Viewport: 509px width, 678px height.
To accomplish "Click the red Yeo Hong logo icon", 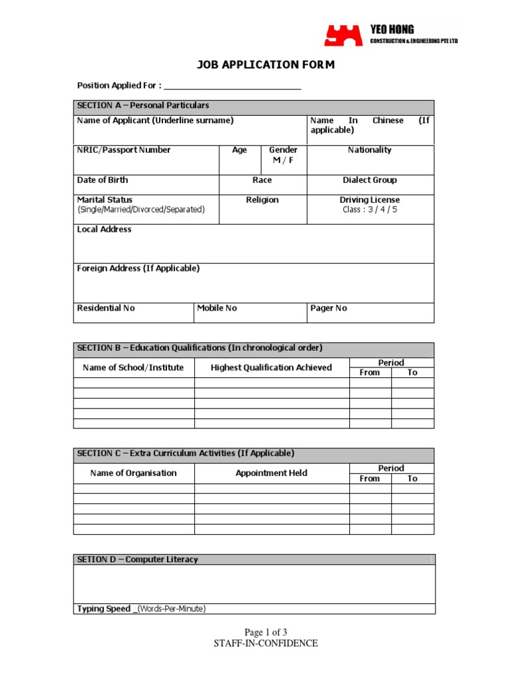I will click(x=343, y=35).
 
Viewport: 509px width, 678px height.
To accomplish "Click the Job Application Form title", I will click(x=266, y=64).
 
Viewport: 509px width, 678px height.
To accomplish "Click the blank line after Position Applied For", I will click(x=232, y=85).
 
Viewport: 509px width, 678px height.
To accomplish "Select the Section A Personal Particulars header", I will click(x=143, y=105).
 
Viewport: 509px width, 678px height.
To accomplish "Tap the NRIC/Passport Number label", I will click(x=124, y=150).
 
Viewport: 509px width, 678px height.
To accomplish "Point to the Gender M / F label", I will click(x=283, y=155).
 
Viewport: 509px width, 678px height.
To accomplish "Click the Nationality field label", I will click(x=370, y=150).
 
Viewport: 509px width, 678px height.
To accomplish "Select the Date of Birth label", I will click(x=103, y=180).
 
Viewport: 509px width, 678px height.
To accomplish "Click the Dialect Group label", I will click(x=370, y=180).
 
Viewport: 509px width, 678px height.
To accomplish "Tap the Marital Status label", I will click(x=105, y=200).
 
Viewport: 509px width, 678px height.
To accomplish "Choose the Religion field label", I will click(x=262, y=200).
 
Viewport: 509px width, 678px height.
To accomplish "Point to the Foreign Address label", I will click(x=138, y=269).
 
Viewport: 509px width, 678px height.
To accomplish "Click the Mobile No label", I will click(x=217, y=309).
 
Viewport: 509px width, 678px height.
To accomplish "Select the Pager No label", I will click(x=329, y=309).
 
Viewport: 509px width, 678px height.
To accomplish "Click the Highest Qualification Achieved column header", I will click(x=271, y=367).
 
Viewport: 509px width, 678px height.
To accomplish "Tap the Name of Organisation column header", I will click(x=133, y=473).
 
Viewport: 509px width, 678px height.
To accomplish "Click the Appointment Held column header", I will click(x=271, y=473).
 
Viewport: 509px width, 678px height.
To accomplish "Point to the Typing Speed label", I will click(x=104, y=609).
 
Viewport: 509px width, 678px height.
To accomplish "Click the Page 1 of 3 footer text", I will click(x=266, y=632).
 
